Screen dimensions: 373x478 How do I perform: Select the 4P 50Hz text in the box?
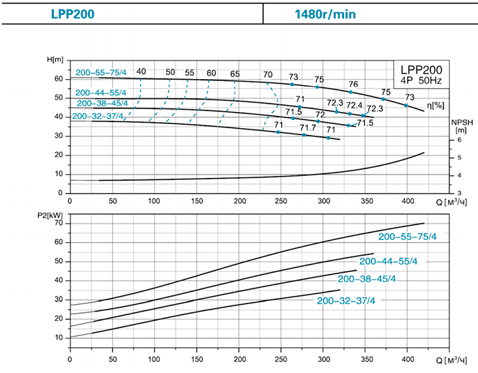[x=421, y=81]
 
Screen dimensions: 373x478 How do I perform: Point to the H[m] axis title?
[x=55, y=60]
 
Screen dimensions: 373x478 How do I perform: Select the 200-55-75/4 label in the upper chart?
[x=101, y=73]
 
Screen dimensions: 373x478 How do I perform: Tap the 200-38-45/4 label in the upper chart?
[x=102, y=104]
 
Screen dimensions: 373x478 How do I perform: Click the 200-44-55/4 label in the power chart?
[x=388, y=261]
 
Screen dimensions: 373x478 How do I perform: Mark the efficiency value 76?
[x=354, y=84]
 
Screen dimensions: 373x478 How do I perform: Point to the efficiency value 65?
[x=235, y=74]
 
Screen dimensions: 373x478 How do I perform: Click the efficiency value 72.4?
[x=354, y=105]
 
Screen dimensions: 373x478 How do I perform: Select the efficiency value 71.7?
[x=308, y=128]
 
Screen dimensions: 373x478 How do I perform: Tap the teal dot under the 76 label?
[x=351, y=92]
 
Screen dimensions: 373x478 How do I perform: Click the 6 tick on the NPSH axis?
[x=460, y=140]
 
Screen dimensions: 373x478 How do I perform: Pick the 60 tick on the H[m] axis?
[x=59, y=79]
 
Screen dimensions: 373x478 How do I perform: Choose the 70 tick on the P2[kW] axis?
[x=59, y=223]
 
